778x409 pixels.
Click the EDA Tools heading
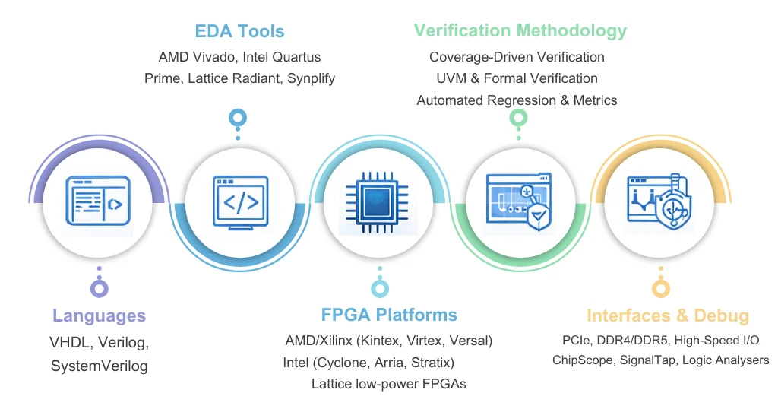tap(239, 31)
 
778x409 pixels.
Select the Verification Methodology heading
tap(520, 30)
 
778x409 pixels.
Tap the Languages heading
tap(99, 315)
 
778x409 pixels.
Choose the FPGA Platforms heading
tap(389, 315)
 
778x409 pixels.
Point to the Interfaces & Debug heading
tap(668, 316)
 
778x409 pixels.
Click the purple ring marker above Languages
tap(99, 288)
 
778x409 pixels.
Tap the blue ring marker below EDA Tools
tap(239, 118)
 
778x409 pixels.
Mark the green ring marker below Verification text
tap(518, 118)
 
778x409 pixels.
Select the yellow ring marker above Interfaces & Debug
tap(661, 288)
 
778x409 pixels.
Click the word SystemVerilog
tap(99, 366)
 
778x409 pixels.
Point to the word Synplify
tap(311, 78)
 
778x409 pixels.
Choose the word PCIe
tap(575, 340)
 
